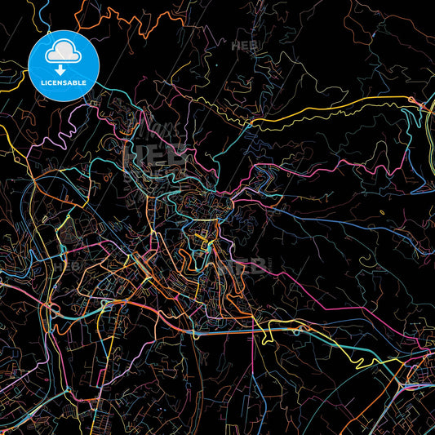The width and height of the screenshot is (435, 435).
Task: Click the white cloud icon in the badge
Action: pyautogui.click(x=63, y=51)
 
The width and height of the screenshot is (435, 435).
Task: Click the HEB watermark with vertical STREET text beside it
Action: pyautogui.click(x=249, y=264)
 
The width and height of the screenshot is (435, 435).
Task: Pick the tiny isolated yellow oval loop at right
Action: pyautogui.click(x=383, y=212)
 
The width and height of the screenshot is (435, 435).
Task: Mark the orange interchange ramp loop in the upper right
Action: pyautogui.click(x=421, y=102)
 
